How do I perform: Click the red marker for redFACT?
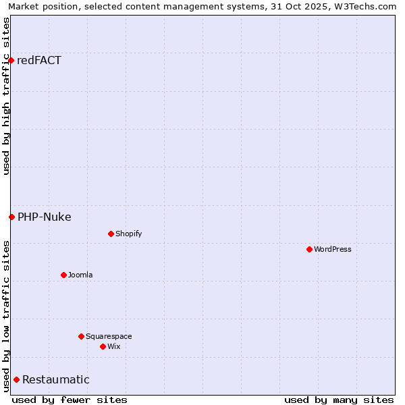11,61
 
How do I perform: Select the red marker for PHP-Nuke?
11,217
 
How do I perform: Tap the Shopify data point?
111,234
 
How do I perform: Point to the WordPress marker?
309,249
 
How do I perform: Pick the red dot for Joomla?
64,275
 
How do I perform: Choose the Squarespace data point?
81,336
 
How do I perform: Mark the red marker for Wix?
103,346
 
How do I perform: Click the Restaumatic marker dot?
16,379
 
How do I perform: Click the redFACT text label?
39,61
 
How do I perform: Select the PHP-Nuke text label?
45,217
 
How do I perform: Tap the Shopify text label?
128,234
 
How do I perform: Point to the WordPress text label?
333,249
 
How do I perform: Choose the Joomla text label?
80,275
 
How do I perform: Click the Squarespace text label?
109,336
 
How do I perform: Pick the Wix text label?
113,346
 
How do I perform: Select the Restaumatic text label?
56,379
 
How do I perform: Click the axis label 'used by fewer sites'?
70,400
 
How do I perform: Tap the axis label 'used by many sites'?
339,400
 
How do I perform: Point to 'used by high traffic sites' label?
6,96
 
